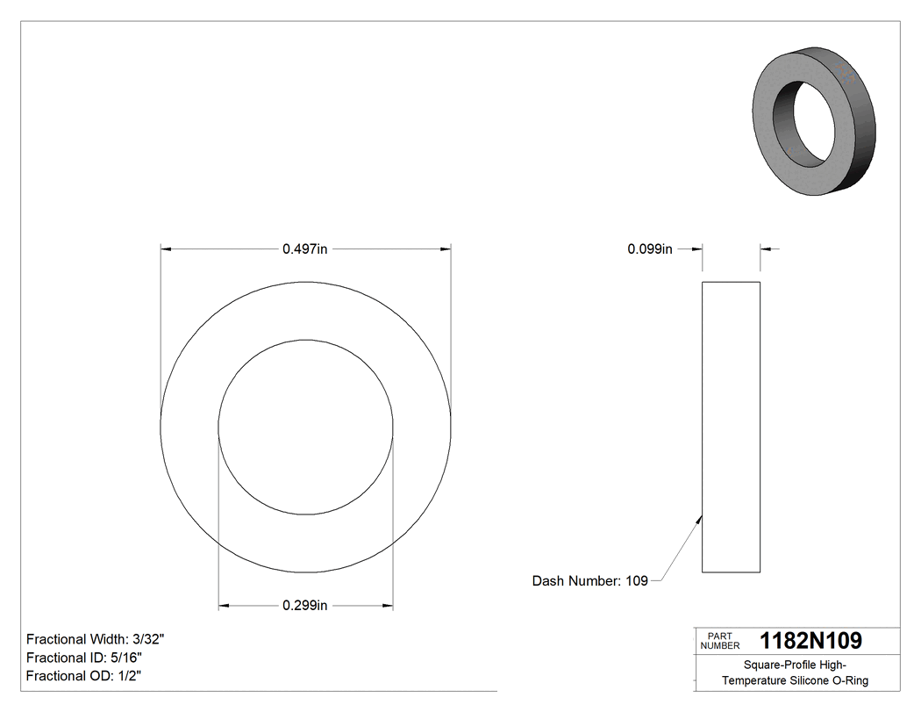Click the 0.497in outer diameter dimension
click(304, 249)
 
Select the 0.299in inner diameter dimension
click(304, 605)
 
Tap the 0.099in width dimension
click(649, 249)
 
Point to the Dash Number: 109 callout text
click(589, 580)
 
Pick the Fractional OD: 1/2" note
click(83, 676)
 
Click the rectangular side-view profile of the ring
click(731, 427)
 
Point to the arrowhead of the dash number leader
click(699, 520)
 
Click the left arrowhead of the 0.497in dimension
click(166, 249)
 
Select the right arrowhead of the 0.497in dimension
click(446, 249)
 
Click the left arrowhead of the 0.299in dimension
click(224, 605)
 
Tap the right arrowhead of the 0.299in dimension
click(387, 605)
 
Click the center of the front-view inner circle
click(305, 427)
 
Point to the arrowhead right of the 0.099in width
click(766, 249)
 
